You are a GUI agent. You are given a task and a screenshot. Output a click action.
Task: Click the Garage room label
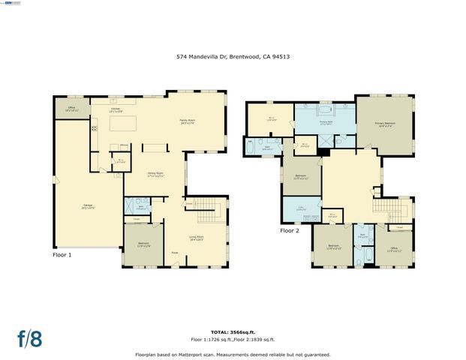(x=88, y=207)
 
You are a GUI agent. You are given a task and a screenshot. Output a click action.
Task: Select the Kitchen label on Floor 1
(x=116, y=110)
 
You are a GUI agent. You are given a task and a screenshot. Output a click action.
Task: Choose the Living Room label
(x=195, y=239)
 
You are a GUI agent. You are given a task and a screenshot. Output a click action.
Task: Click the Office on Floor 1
(x=71, y=109)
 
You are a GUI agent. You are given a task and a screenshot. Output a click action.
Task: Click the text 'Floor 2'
(x=290, y=231)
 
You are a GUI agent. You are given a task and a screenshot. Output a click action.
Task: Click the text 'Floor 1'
(x=62, y=255)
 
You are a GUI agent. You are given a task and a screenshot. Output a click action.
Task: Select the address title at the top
(x=232, y=55)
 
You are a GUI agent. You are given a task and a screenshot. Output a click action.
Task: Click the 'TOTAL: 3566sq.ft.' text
(x=232, y=331)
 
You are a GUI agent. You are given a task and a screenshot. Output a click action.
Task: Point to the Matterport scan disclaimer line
(x=232, y=354)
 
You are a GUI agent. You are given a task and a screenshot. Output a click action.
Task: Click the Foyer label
(x=174, y=253)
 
